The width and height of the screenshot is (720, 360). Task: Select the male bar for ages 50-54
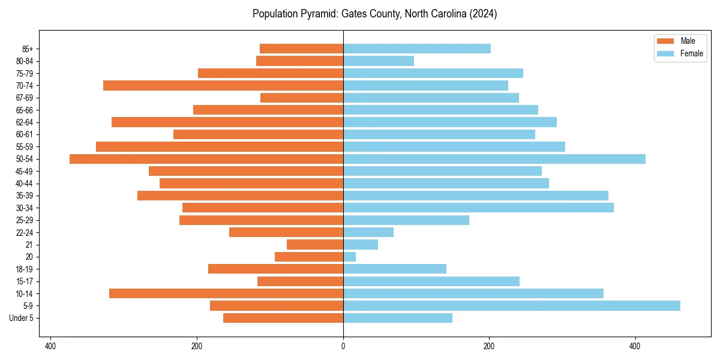[x=206, y=159]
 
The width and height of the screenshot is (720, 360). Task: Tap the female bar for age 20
[x=349, y=257]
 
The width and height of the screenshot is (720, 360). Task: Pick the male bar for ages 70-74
[x=223, y=86]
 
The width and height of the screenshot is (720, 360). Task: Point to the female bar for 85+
[x=417, y=49]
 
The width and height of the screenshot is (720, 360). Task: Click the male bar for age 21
[x=315, y=245]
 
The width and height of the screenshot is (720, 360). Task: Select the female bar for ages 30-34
[x=478, y=208]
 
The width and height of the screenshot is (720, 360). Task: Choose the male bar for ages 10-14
[x=226, y=293]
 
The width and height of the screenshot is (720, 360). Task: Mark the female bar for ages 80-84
[x=379, y=61]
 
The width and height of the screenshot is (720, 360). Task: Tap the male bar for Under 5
[x=283, y=318]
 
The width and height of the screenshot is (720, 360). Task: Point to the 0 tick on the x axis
[x=343, y=346]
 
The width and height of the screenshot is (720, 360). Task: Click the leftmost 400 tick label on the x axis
[x=50, y=346]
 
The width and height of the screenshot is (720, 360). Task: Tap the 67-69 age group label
[x=25, y=98]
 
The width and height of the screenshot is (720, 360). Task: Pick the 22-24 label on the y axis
[x=25, y=232]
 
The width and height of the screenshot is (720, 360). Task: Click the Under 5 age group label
[x=22, y=318]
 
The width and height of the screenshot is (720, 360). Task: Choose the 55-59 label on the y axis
[x=25, y=147]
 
